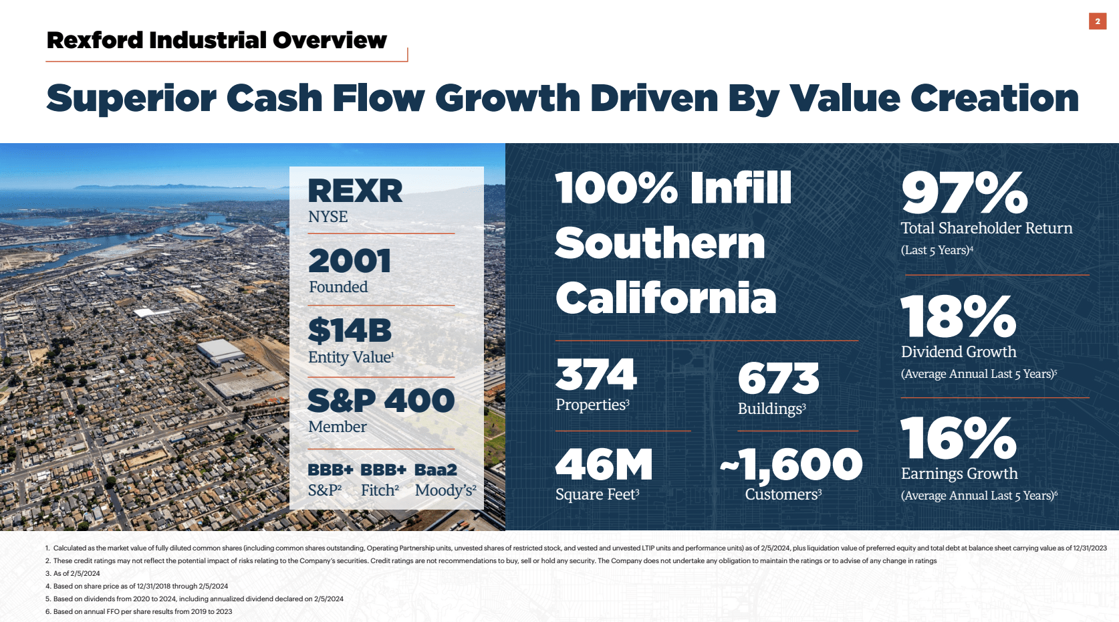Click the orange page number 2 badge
(1097, 21)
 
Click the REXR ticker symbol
(355, 191)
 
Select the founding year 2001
(350, 261)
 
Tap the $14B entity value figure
(350, 331)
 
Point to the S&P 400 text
(381, 401)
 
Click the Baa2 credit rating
(436, 470)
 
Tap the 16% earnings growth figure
(958, 438)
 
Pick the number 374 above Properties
(596, 375)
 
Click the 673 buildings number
(778, 379)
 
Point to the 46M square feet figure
(604, 465)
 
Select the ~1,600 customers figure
(791, 465)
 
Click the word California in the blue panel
(666, 298)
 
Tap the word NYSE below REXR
(328, 217)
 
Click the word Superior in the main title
(131, 98)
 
